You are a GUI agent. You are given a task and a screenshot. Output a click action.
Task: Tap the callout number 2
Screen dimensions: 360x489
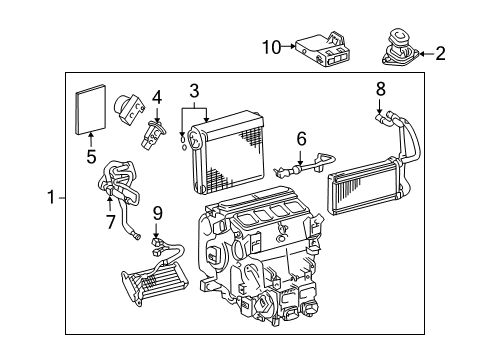point(441,54)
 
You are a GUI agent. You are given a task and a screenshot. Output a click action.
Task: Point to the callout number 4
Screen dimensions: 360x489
point(156,97)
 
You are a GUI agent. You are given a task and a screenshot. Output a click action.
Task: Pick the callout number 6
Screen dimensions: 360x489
point(300,139)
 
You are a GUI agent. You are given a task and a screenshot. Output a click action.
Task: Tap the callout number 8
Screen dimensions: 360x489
point(381,89)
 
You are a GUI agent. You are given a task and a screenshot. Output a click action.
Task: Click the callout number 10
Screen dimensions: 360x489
point(271,46)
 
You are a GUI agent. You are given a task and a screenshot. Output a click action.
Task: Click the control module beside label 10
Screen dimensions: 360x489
point(321,48)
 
